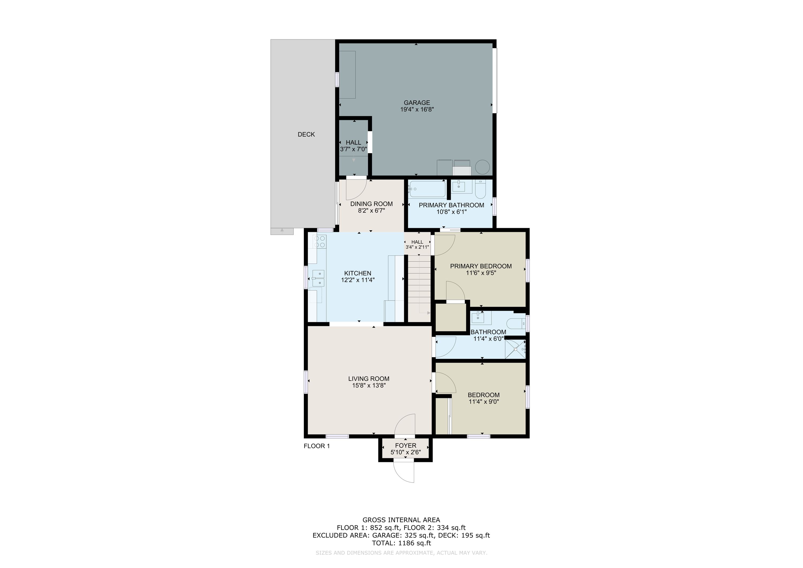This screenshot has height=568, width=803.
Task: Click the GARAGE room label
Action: tap(416, 103)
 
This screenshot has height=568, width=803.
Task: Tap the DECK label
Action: tap(306, 134)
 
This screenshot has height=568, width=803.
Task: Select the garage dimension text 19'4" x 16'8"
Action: tap(417, 109)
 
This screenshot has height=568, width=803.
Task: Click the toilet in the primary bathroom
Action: tap(480, 188)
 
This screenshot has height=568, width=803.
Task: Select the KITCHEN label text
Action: tap(357, 273)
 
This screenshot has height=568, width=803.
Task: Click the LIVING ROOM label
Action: tap(369, 379)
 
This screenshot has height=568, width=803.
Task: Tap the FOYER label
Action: tap(406, 446)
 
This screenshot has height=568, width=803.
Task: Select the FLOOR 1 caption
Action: tap(316, 446)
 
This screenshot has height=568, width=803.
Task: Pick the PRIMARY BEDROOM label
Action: tap(481, 266)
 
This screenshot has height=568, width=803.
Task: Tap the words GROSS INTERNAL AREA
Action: tap(401, 520)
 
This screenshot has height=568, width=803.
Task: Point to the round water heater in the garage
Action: tap(483, 167)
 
